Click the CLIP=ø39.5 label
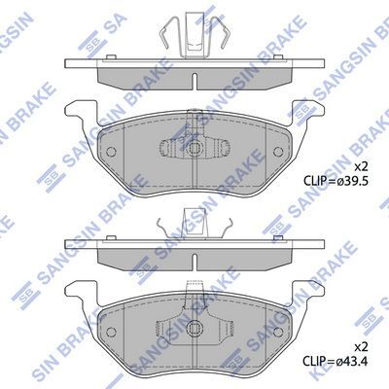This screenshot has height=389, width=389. point(336,180)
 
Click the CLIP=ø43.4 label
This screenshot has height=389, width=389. point(336,361)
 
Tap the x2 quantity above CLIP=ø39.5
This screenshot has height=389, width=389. point(362,167)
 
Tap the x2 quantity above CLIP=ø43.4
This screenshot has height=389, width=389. point(362,347)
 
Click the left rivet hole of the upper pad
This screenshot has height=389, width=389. point(111,152)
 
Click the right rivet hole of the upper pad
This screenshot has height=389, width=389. point(278,152)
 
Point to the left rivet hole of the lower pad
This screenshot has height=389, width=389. point(111,332)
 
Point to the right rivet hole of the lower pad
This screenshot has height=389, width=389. point(278,332)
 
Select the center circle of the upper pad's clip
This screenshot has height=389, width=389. point(194,149)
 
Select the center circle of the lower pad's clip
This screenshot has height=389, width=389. point(194,328)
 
